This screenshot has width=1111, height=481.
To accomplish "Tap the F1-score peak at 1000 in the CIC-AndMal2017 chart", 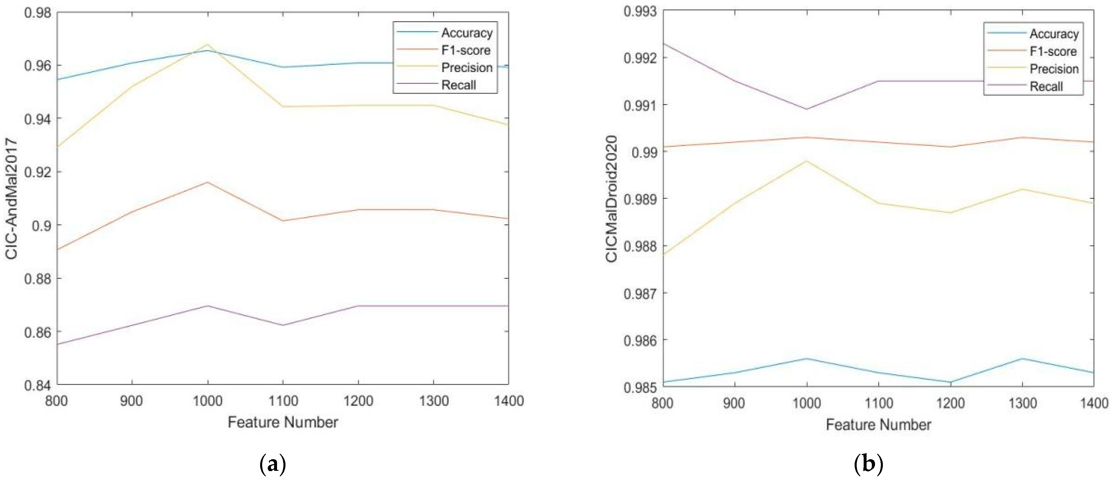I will point(207,182).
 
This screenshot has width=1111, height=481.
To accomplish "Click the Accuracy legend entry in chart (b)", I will point(1054,34).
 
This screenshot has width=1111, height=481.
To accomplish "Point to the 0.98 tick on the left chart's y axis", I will point(38,13).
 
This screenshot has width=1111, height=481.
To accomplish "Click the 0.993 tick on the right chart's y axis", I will point(640,11).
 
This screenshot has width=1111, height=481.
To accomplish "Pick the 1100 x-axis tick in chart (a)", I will point(283,401).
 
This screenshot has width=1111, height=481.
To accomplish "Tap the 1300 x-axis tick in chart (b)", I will point(1022,403).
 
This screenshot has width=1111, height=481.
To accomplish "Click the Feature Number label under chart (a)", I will point(283,422).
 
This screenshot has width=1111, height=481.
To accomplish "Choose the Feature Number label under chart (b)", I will point(878,425).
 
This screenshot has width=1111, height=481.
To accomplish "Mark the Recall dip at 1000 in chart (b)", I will point(807,109).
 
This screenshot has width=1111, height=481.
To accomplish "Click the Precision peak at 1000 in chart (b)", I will point(807,161).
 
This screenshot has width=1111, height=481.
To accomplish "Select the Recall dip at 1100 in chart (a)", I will point(283,325).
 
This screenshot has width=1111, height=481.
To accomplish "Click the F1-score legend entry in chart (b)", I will point(1053,51).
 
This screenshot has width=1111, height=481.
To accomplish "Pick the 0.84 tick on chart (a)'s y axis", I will point(38,384).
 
